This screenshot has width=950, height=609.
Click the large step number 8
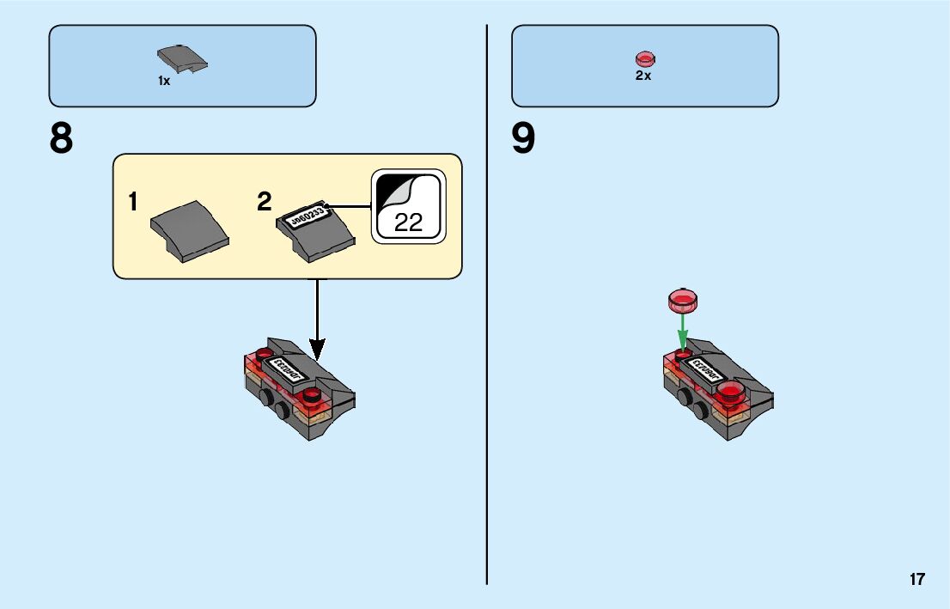61,139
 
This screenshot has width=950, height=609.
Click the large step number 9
523,139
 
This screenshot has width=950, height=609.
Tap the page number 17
917,579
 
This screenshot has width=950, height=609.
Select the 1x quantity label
164,81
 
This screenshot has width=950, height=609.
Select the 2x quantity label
643,76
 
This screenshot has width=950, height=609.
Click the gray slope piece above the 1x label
183,60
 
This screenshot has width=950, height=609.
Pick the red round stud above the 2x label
644,59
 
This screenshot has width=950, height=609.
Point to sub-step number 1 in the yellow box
133,203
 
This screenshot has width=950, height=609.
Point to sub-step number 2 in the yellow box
265,203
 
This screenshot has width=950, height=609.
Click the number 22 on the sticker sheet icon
409,222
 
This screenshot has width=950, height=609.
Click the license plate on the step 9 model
705,370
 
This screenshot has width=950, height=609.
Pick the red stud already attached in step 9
731,393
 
